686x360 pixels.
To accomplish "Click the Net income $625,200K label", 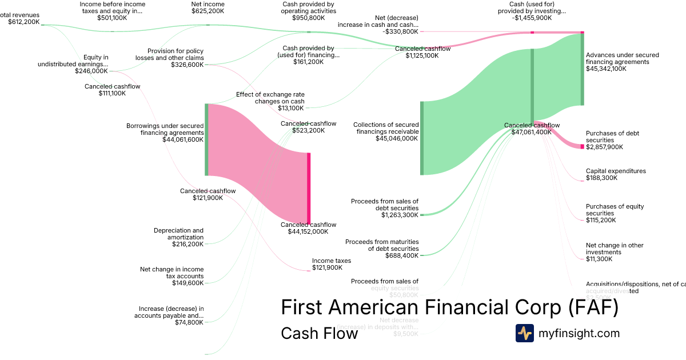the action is pyautogui.click(x=208, y=7).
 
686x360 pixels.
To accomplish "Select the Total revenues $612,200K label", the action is pyautogui.click(x=20, y=18).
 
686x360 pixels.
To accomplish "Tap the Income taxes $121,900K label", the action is pyautogui.click(x=332, y=264).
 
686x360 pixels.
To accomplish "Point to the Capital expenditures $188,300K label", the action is pyautogui.click(x=616, y=174).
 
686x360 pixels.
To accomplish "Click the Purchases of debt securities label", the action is pyautogui.click(x=612, y=140).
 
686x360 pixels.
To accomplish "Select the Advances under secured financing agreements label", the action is pyautogui.click(x=622, y=62).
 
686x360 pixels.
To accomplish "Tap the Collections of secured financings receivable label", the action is pyautogui.click(x=385, y=131).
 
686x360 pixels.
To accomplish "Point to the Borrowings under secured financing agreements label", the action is pyautogui.click(x=165, y=133).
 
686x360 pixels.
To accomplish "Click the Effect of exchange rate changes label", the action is pyautogui.click(x=270, y=101).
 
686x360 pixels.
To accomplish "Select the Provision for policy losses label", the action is pyautogui.click(x=169, y=58).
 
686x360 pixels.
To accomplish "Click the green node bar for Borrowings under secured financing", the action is pyautogui.click(x=206, y=139).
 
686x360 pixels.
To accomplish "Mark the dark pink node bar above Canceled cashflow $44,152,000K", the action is pyautogui.click(x=309, y=188).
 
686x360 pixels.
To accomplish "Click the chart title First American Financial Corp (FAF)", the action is pyautogui.click(x=449, y=307).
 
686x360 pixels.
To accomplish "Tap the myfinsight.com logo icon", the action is pyautogui.click(x=524, y=333).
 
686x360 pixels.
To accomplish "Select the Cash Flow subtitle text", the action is pyautogui.click(x=319, y=333).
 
